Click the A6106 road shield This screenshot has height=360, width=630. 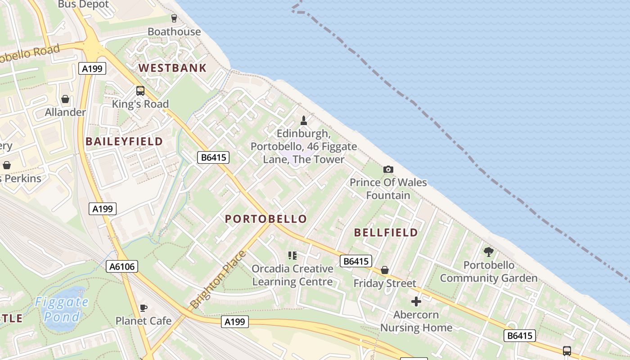[122, 266]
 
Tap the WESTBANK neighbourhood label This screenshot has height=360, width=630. [172, 68]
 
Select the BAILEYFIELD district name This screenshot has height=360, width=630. [124, 141]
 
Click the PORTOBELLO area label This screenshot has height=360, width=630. [266, 219]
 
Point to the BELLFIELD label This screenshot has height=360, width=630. [386, 233]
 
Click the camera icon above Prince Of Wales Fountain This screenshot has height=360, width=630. [388, 169]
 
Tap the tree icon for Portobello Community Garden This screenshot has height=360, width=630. [488, 252]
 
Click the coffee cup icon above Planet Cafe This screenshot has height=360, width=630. [143, 308]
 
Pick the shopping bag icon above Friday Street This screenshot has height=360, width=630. [384, 270]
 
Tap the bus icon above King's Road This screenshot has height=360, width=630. [140, 91]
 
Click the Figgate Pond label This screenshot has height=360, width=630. [62, 309]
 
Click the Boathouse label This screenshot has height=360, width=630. [174, 31]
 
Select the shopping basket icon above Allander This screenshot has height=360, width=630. [65, 99]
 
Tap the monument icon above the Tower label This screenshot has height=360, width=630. [304, 120]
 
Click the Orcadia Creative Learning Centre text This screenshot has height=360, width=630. [292, 275]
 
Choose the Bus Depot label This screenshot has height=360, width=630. [84, 4]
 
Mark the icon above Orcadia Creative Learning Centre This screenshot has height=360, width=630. [292, 256]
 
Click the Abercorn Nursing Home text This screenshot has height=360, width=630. [416, 321]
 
